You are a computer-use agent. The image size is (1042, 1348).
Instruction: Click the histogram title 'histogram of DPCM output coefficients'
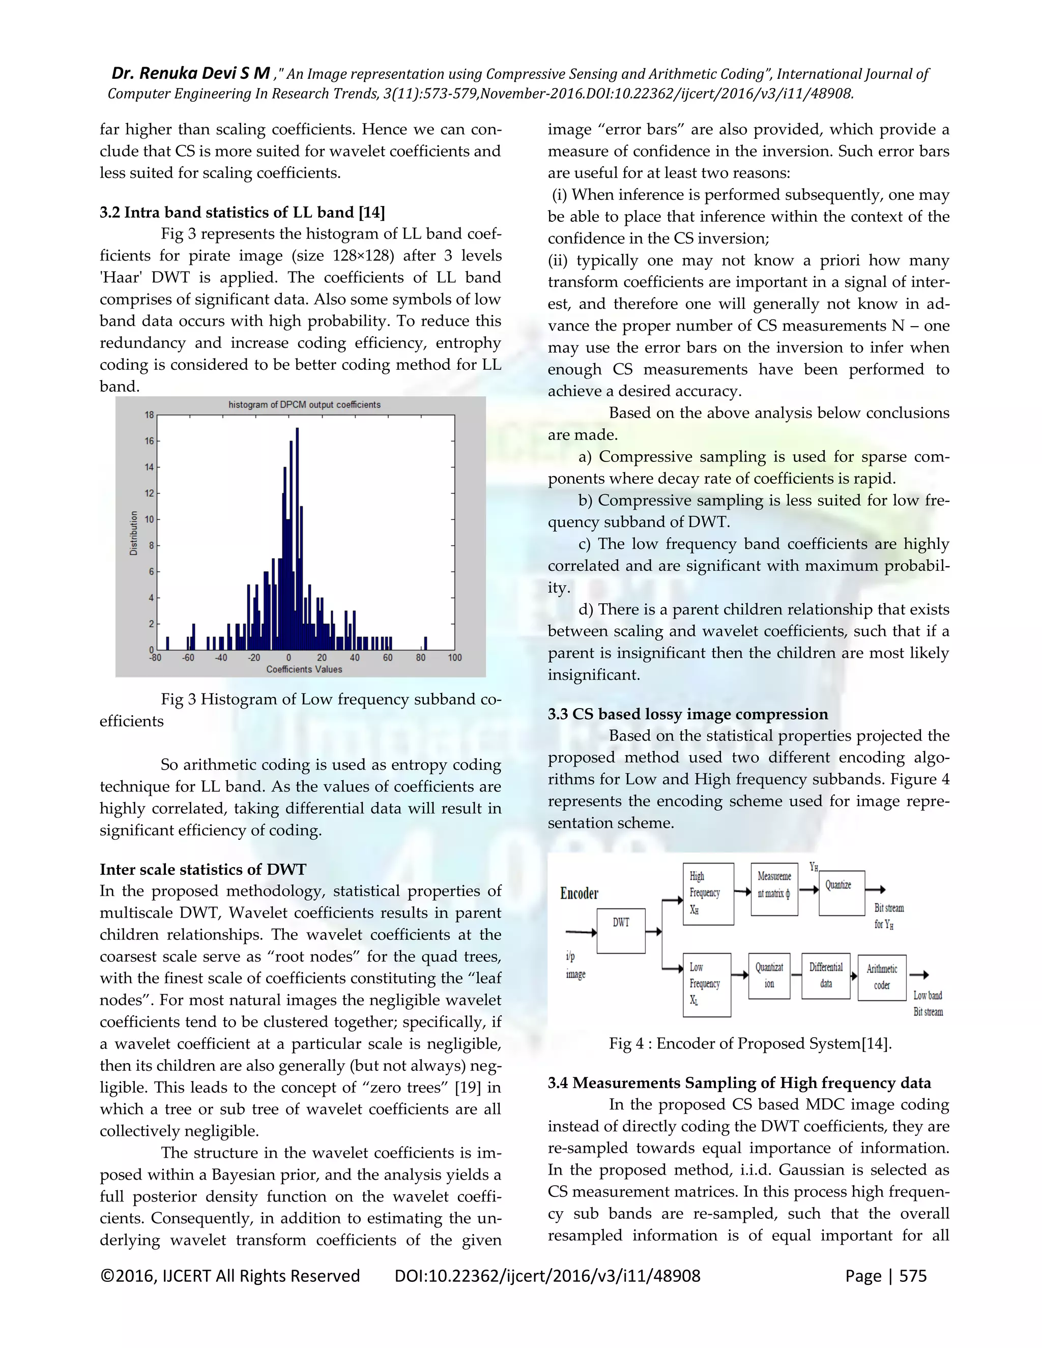coord(304,405)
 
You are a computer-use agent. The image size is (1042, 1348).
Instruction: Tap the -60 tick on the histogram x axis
coord(188,658)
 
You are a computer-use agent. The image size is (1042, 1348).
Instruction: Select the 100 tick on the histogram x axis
coord(454,658)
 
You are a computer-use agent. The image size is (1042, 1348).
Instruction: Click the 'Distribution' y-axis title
coord(133,533)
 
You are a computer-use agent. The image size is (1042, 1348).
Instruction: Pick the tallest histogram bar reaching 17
coord(297,537)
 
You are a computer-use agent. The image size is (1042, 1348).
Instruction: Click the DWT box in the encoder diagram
coord(621,931)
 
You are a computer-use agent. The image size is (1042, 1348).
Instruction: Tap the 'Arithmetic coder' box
coord(882,977)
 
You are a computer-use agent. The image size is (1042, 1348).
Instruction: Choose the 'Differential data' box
coord(826,976)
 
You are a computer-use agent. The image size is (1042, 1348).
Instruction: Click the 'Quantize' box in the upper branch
coord(842,893)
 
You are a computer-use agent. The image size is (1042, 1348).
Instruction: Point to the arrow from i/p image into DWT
coord(580,932)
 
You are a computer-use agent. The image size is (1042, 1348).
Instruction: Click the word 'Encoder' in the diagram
coord(579,893)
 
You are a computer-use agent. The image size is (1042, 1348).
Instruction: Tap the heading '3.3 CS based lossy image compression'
coord(688,714)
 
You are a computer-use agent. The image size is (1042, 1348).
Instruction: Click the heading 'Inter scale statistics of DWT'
coord(202,870)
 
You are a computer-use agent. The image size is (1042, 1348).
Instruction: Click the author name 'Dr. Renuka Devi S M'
coord(190,73)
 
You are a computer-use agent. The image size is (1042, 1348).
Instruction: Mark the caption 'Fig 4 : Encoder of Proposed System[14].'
coord(750,1044)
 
